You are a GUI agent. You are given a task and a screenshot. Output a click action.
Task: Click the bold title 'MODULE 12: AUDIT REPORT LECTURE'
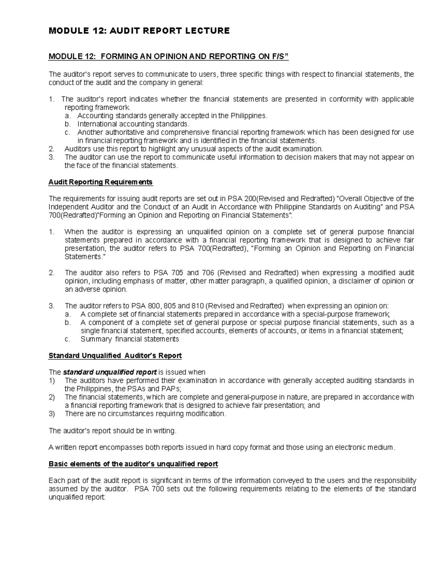(x=139, y=31)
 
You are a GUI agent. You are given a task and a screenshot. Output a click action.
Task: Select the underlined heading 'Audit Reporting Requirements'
(x=100, y=182)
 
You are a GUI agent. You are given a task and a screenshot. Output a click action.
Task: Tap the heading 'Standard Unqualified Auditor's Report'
(x=115, y=355)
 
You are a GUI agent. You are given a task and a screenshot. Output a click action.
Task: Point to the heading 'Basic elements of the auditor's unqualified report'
(x=133, y=464)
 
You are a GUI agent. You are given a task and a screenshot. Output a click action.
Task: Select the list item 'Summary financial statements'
(x=130, y=339)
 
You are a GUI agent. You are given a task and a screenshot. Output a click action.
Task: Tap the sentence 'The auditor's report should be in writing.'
(x=113, y=431)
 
